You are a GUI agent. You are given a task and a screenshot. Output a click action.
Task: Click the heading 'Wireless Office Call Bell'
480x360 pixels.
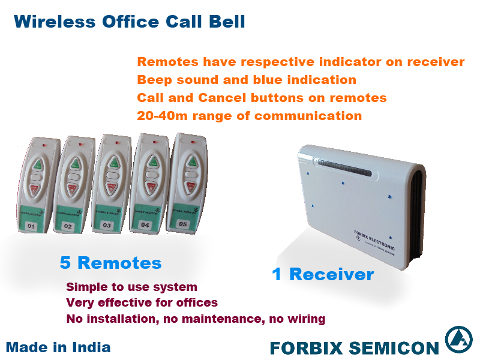[129, 22]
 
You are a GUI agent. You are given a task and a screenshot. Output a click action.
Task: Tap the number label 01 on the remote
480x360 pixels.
[33, 226]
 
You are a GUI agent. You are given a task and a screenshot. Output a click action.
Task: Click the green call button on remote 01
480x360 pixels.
[38, 163]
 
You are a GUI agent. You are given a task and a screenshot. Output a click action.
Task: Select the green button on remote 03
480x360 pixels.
[112, 163]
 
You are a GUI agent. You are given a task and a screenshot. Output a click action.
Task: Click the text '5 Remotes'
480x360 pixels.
[110, 263]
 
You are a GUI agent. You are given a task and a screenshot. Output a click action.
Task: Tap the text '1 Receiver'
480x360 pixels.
[323, 275]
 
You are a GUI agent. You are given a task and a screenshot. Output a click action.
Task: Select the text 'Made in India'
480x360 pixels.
[58, 347]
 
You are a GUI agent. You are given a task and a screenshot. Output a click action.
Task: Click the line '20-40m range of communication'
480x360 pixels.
[249, 115]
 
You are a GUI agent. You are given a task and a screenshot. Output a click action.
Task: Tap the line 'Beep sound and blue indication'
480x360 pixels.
[247, 80]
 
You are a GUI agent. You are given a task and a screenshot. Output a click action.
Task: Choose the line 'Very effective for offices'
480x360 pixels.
[142, 303]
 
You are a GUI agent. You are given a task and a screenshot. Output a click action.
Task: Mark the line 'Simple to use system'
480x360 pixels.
[131, 287]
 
